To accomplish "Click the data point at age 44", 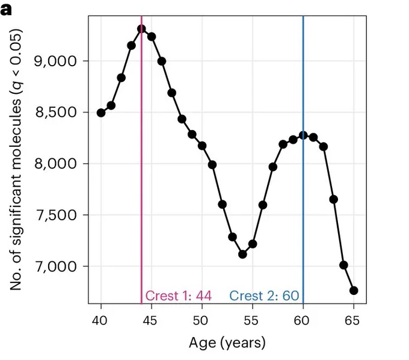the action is click(141, 29).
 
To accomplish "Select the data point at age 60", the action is click(303, 135).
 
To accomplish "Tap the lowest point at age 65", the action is click(354, 290).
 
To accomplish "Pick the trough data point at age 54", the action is click(242, 254).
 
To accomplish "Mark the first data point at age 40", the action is click(101, 113).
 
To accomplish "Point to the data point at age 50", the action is click(202, 146).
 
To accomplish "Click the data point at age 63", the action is click(334, 199).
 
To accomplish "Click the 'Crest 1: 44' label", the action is click(179, 296).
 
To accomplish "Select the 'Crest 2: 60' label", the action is click(264, 296).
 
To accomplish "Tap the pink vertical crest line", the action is click(141, 160).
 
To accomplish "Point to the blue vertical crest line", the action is click(303, 160).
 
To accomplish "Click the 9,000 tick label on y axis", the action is click(55, 61).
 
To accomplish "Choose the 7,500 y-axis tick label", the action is click(55, 215).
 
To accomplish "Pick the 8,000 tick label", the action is click(55, 164).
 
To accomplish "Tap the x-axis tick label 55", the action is click(251, 321).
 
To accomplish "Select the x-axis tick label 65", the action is click(352, 321).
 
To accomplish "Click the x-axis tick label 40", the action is click(100, 321).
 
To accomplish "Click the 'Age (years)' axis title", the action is click(227, 343).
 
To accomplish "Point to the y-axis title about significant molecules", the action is click(16, 160).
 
